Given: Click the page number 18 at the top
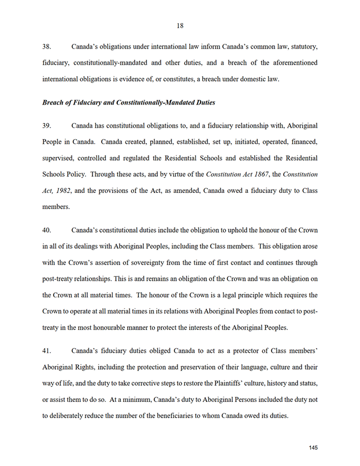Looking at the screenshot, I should [x=180, y=25].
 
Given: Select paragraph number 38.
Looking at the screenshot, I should [x=48, y=45].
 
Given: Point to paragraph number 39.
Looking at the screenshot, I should [x=48, y=125].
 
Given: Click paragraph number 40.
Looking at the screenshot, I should [x=48, y=230].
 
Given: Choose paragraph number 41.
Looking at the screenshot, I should [x=48, y=351].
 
